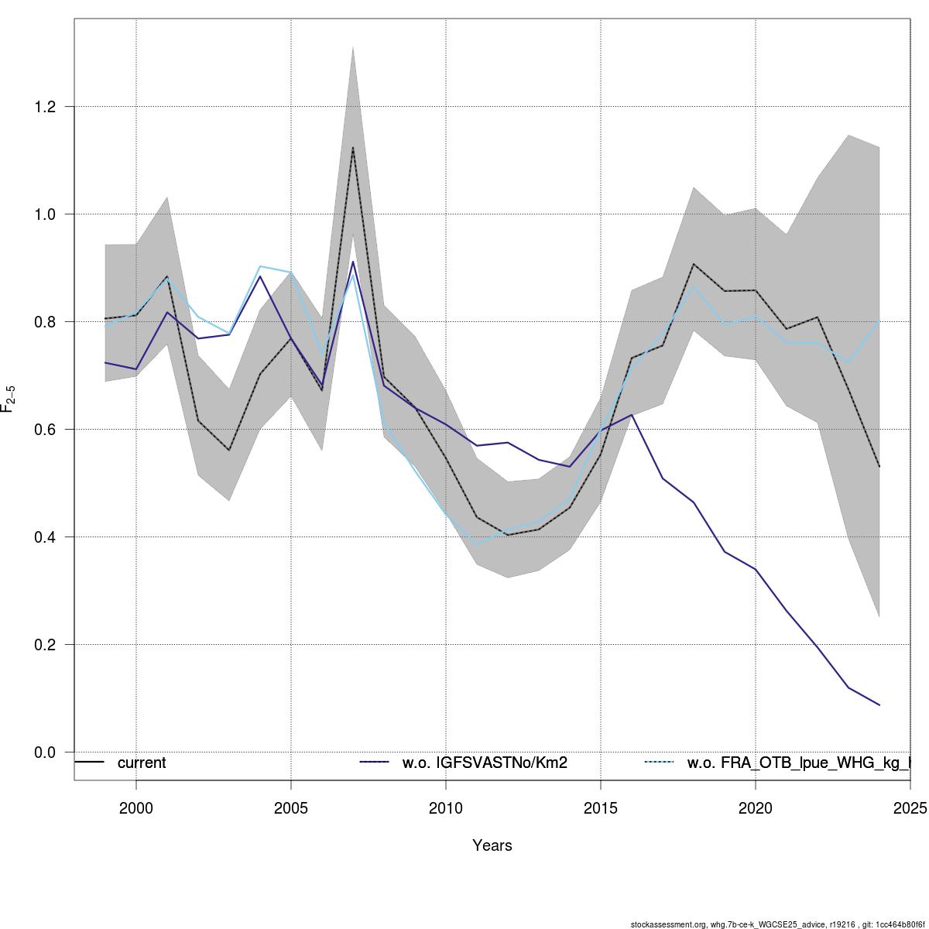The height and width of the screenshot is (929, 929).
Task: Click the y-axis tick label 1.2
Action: [x=45, y=106]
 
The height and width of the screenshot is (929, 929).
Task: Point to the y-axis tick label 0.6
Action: [x=45, y=429]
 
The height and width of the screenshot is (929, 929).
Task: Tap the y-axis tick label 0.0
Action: [x=45, y=752]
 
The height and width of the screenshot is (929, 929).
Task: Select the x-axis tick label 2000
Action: [x=136, y=808]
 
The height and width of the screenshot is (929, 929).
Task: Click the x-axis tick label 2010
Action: [x=446, y=808]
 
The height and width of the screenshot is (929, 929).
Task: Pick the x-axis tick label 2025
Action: [x=910, y=808]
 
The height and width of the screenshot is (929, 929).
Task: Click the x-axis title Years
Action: [x=492, y=845]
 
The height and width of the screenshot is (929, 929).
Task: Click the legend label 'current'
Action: [x=142, y=763]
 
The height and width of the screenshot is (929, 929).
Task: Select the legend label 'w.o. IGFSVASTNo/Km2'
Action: [x=485, y=763]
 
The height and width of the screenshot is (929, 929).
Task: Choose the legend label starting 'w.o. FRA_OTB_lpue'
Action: [x=798, y=763]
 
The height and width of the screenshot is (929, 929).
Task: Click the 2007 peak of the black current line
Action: [x=353, y=147]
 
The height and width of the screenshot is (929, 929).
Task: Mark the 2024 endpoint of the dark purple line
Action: [x=879, y=705]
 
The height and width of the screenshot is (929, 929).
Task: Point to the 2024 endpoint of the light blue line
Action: [x=879, y=320]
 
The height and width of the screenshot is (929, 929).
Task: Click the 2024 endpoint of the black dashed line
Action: [x=879, y=467]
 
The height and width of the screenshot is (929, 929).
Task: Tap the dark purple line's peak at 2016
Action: [x=632, y=415]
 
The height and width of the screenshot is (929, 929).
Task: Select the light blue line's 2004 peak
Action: [x=260, y=266]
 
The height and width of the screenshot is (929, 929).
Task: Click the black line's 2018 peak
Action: [x=694, y=264]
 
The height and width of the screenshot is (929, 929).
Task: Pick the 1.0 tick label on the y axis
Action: [x=45, y=214]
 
